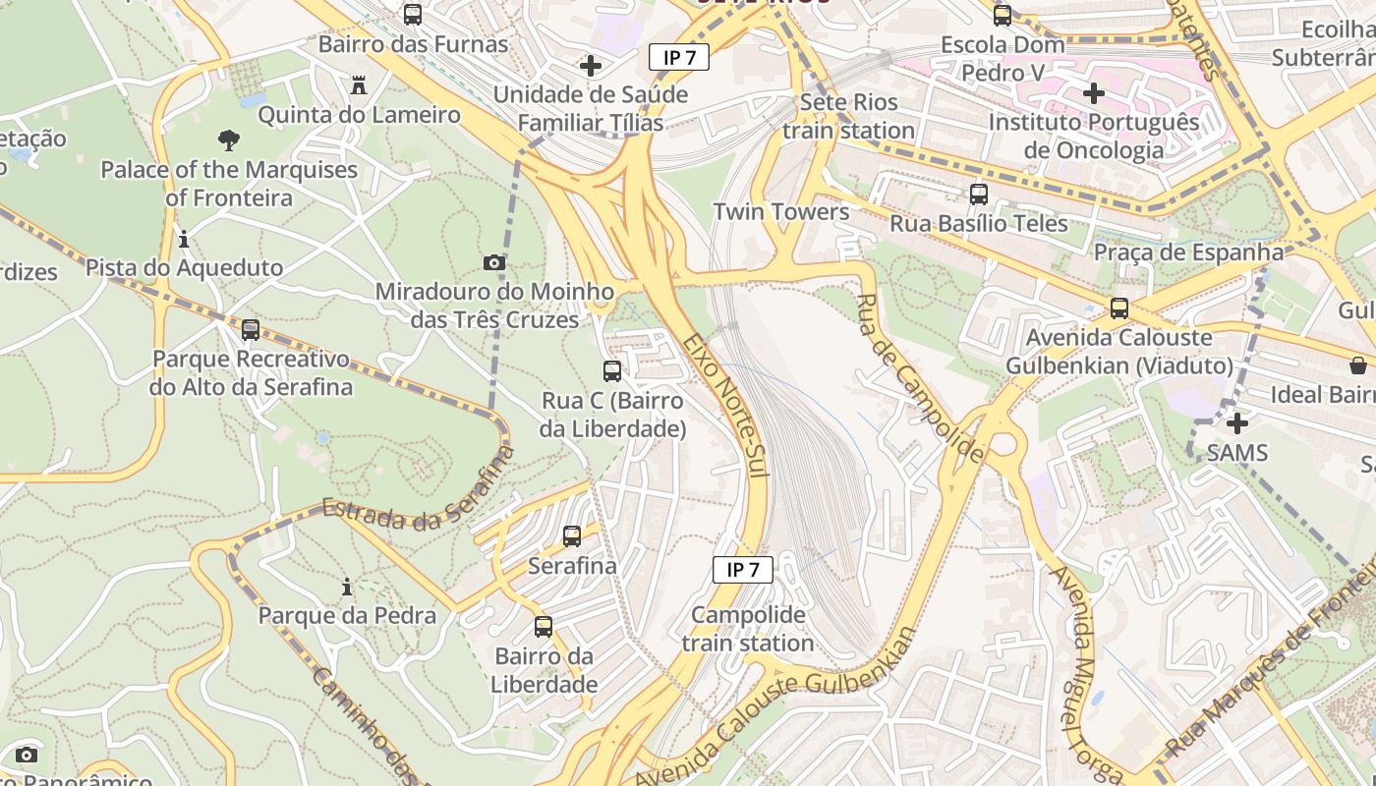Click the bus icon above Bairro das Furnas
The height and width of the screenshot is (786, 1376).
point(413,15)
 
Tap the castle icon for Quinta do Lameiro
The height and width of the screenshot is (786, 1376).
point(359,85)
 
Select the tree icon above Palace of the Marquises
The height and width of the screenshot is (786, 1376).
point(229,140)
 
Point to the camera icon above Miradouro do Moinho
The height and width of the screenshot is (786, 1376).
point(494,262)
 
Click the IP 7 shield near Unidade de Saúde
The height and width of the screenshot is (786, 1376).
point(679,57)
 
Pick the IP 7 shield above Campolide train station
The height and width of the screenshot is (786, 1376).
point(743,569)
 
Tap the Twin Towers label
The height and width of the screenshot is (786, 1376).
point(781,211)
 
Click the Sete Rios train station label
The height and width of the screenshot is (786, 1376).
point(848,116)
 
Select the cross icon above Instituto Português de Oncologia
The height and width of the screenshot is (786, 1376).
point(1094,93)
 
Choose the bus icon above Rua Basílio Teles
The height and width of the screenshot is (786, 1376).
point(979,195)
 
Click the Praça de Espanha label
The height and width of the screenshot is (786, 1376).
point(1189,252)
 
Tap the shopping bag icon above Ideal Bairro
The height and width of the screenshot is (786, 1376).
point(1358,365)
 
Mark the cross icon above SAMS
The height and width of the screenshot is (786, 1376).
point(1237,423)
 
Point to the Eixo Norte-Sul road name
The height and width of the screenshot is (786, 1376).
point(725,405)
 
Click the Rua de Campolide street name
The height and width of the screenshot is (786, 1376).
point(919,378)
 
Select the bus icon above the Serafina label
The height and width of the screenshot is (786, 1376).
point(572,536)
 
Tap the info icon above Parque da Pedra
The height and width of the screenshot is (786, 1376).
point(347,588)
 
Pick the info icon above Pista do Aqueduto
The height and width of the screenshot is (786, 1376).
point(184,239)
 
